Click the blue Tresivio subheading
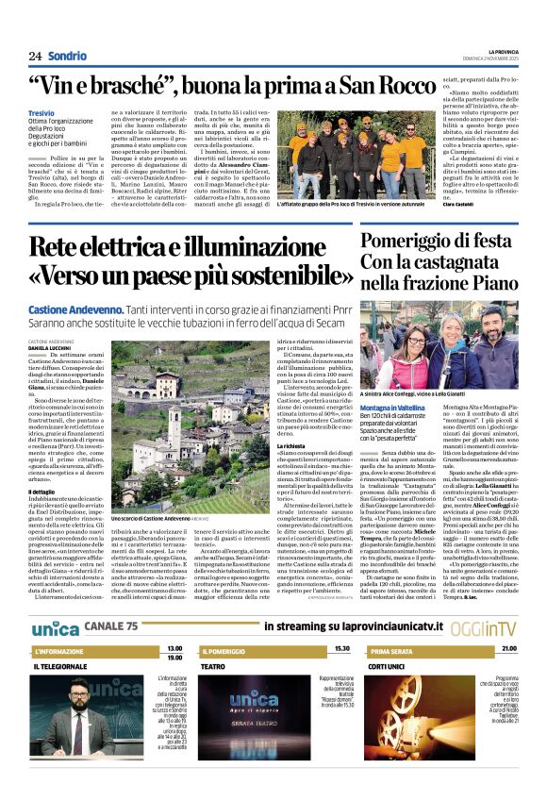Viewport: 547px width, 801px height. (41, 112)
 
